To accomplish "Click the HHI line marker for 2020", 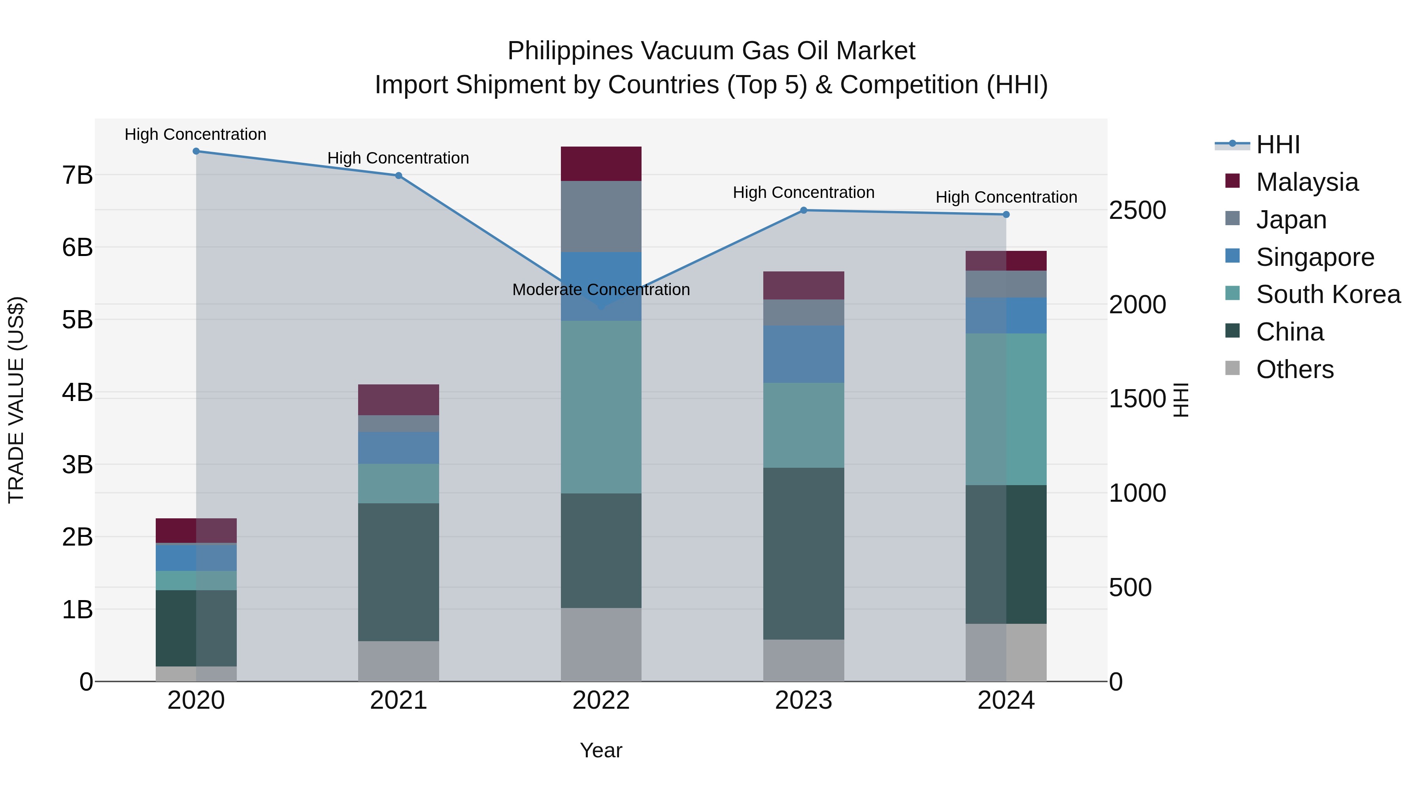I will pos(196,151).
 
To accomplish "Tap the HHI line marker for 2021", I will pos(398,175).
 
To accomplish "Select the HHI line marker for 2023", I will pos(804,210).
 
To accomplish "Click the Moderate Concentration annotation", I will pos(601,290).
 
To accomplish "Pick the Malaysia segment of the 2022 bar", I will pos(601,164).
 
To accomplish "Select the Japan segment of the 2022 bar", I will pos(601,216).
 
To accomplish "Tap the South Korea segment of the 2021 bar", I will pos(398,483).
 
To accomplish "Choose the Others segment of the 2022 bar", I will pos(601,644).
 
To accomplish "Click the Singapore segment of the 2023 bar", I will pos(804,354).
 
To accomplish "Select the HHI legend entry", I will pos(1277,145).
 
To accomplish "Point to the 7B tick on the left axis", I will pos(77,175).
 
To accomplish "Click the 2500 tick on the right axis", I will pos(1137,210).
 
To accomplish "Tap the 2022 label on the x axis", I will pos(601,700).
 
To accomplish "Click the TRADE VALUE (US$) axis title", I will pos(17,400).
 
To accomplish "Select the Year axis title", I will pos(601,750).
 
